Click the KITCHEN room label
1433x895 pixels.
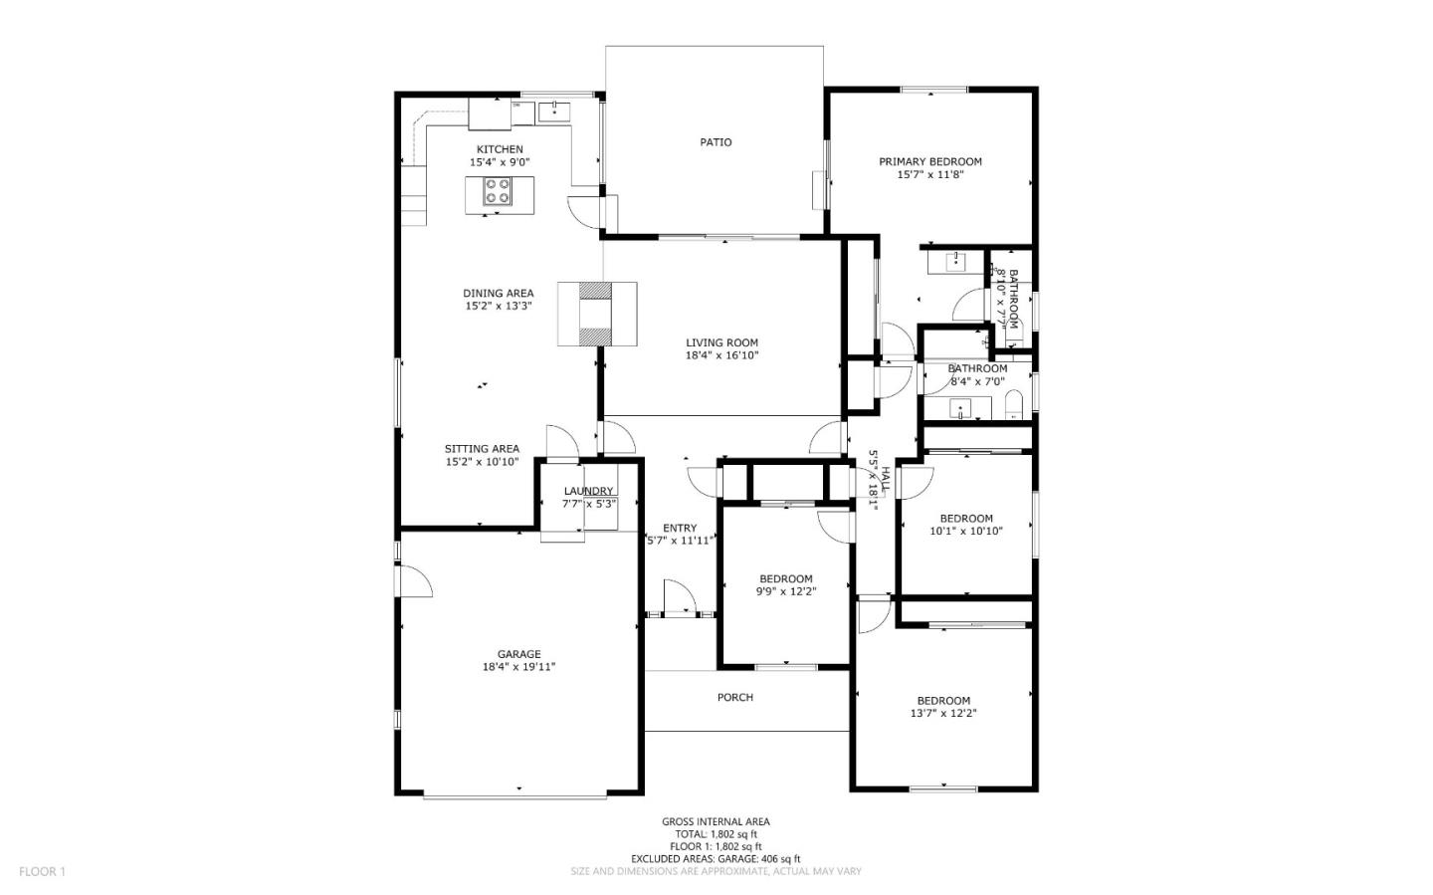[499, 149]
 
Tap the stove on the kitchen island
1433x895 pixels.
[498, 191]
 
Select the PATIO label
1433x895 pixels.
[716, 142]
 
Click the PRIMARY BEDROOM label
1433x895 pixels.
[929, 161]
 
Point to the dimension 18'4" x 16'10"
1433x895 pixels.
[721, 355]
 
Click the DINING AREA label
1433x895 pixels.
[498, 293]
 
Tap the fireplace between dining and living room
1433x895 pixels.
[597, 314]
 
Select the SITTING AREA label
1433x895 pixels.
[482, 448]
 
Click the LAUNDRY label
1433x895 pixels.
[588, 491]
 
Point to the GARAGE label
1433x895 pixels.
[518, 654]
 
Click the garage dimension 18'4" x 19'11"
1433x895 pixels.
[518, 667]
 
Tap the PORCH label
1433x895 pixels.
[735, 697]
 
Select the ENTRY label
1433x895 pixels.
[680, 528]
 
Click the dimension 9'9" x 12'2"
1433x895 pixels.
[786, 591]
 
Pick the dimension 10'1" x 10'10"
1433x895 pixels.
[966, 531]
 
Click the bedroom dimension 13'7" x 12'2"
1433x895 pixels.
[943, 713]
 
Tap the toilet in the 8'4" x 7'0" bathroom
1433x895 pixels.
[1014, 405]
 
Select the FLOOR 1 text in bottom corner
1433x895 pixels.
[42, 871]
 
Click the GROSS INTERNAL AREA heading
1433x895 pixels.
[716, 821]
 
